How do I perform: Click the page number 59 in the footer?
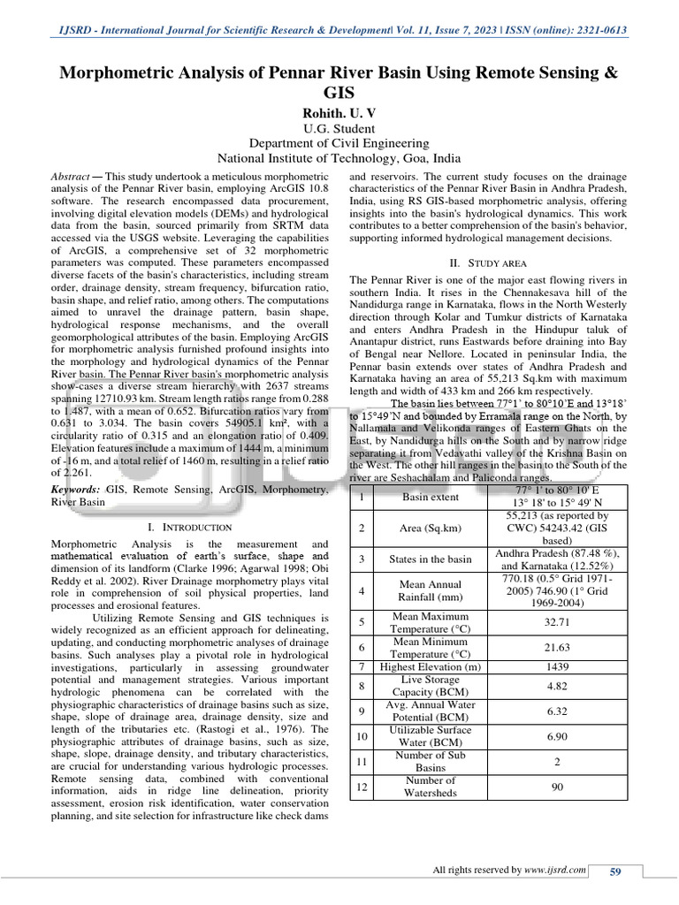pyautogui.click(x=615, y=871)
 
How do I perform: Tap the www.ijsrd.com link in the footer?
pyautogui.click(x=554, y=871)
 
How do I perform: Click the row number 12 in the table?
pyautogui.click(x=362, y=786)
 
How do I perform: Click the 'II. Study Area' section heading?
pyautogui.click(x=488, y=262)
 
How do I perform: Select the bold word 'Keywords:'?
pyautogui.click(x=75, y=489)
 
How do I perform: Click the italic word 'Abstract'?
pyautogui.click(x=72, y=177)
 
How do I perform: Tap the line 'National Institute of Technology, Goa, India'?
pyautogui.click(x=339, y=158)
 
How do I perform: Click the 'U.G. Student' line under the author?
pyautogui.click(x=339, y=127)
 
